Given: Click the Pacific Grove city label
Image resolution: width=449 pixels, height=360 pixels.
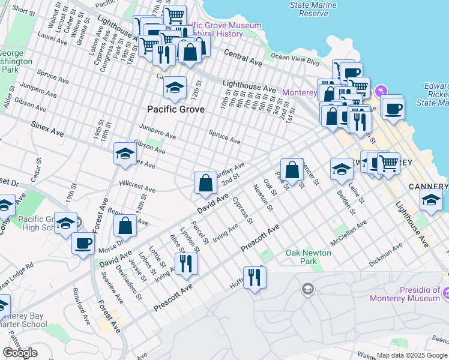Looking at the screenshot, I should coord(176,110).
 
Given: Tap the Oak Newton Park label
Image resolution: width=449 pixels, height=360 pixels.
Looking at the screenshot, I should coord(309,257).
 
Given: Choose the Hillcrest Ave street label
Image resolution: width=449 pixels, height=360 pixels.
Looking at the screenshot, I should coord(137,186).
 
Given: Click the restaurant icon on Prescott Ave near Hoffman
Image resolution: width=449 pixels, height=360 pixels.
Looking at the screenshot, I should coord(255,277).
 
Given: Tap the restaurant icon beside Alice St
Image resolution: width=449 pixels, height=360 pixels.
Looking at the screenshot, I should coord(186,263).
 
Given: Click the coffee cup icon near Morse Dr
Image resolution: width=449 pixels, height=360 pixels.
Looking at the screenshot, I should coord(83,243).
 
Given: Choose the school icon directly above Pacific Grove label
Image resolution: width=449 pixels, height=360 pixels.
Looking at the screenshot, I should coord(175,88).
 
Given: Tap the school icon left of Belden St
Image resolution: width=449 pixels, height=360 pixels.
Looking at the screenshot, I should coord(342,169).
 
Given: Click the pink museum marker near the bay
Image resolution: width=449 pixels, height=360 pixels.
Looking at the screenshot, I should coord(379,92).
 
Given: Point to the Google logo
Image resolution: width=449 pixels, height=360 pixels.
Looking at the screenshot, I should coord(20,353).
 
